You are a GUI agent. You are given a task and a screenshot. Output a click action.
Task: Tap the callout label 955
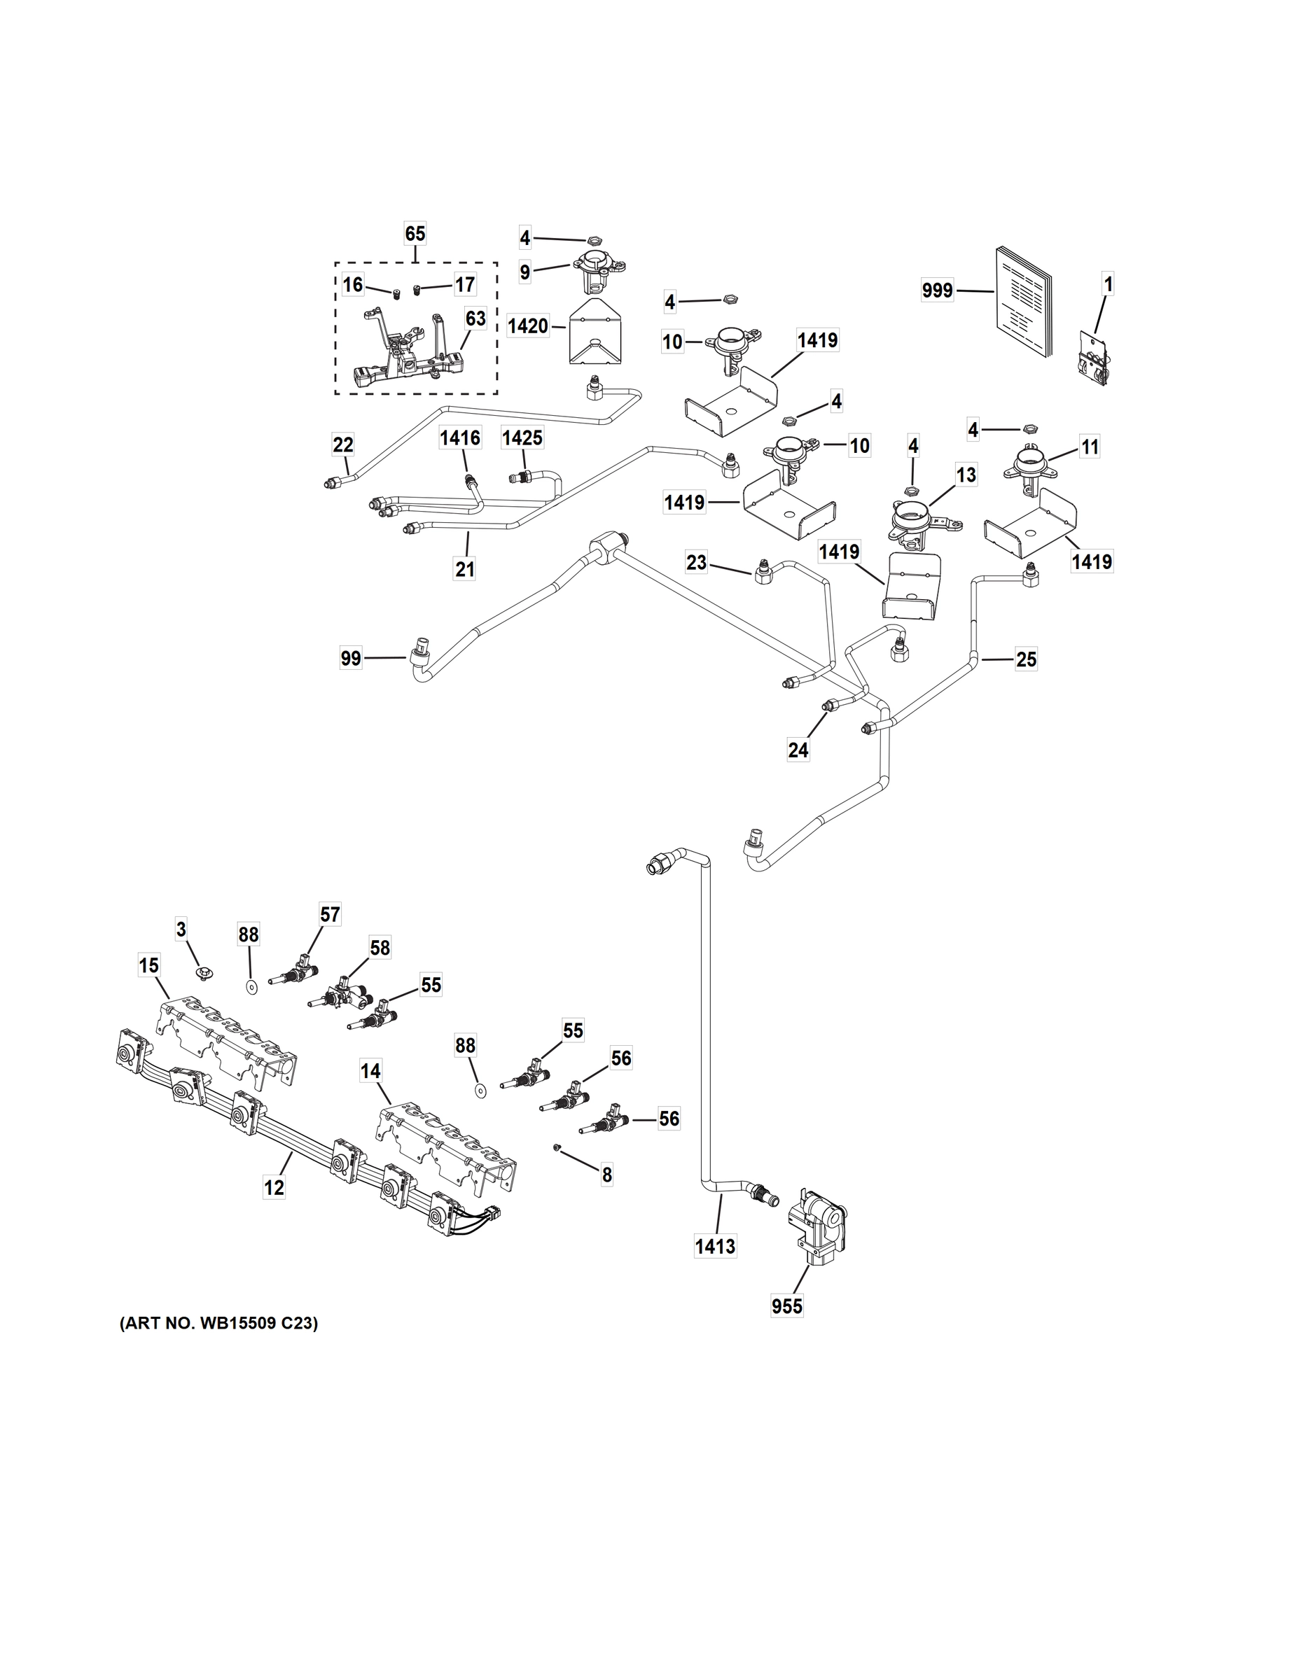786,1306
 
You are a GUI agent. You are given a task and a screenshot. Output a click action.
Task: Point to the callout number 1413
715,1246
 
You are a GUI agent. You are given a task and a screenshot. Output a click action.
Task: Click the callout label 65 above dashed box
415,233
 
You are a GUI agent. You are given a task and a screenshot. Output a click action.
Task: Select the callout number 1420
528,326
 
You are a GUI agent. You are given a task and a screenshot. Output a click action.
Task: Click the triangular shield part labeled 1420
594,333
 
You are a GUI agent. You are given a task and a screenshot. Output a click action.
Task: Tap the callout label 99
351,659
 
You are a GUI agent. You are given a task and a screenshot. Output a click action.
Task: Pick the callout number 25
1026,659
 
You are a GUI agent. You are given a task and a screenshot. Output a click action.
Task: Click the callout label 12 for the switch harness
274,1188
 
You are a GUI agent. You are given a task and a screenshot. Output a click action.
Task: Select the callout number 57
329,915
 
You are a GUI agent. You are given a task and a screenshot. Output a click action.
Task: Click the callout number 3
181,929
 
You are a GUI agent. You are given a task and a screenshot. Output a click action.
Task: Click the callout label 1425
522,438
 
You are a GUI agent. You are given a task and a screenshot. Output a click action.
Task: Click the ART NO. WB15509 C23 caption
218,1324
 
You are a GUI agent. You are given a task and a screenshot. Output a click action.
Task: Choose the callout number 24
798,749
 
